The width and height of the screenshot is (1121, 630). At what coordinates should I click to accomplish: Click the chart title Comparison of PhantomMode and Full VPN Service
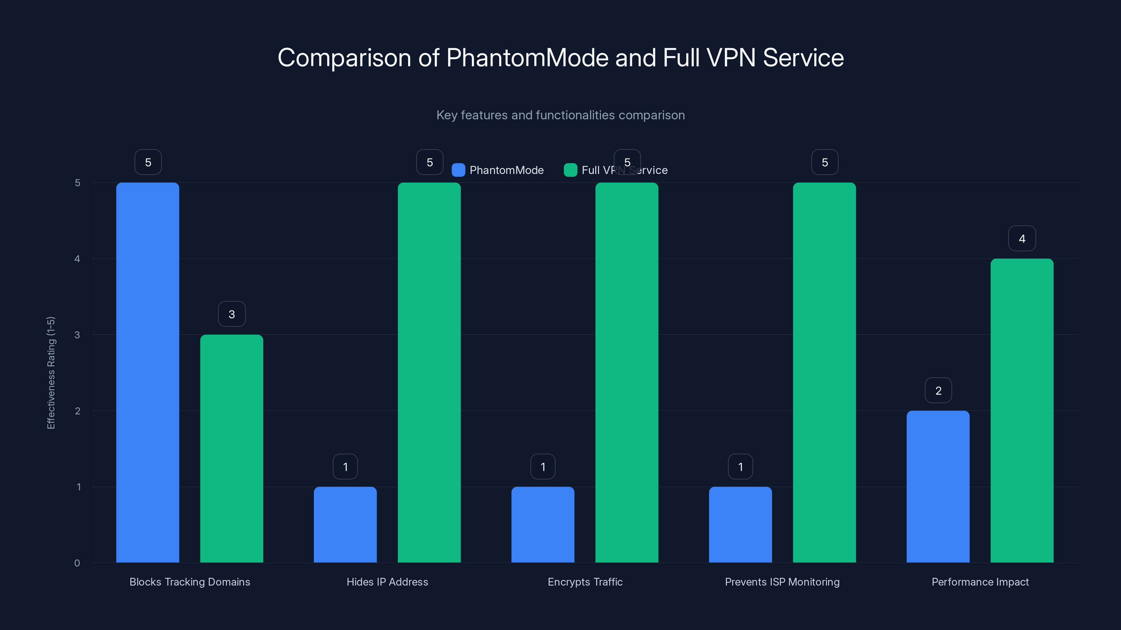pos(560,58)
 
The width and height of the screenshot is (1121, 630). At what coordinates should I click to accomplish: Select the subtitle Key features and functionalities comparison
pos(560,115)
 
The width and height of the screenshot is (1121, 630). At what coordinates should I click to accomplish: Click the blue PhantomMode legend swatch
pos(458,170)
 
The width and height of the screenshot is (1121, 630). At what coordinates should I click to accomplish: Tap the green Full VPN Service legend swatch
pos(570,170)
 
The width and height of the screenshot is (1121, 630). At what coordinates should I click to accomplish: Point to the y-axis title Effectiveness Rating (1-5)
pos(51,373)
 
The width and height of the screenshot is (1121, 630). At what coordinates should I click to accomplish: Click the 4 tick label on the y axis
pos(77,259)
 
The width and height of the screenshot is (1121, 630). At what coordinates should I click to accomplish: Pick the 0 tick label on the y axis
pos(77,563)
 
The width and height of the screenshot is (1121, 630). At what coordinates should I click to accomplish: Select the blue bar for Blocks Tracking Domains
pos(147,373)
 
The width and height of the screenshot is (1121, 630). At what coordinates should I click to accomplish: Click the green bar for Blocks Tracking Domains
pos(232,449)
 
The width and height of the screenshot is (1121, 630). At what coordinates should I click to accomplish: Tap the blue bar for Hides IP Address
pos(345,525)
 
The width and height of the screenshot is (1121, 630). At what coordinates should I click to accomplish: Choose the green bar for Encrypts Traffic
pos(627,373)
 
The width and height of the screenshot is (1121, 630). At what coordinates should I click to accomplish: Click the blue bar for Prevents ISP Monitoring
pos(740,525)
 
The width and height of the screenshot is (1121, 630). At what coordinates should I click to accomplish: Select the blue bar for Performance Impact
pos(938,486)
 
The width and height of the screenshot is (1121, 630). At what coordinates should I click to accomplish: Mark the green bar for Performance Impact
pos(1022,411)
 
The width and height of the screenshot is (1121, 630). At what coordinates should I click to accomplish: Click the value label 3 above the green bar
pos(232,314)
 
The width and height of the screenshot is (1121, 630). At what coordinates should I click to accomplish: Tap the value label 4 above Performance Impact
pos(1022,239)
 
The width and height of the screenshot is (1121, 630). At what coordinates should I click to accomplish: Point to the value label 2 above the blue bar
pos(938,391)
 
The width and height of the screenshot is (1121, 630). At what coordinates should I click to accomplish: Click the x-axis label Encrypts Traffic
pos(585,582)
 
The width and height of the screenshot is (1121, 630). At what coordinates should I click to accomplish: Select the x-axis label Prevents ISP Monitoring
pos(782,582)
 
